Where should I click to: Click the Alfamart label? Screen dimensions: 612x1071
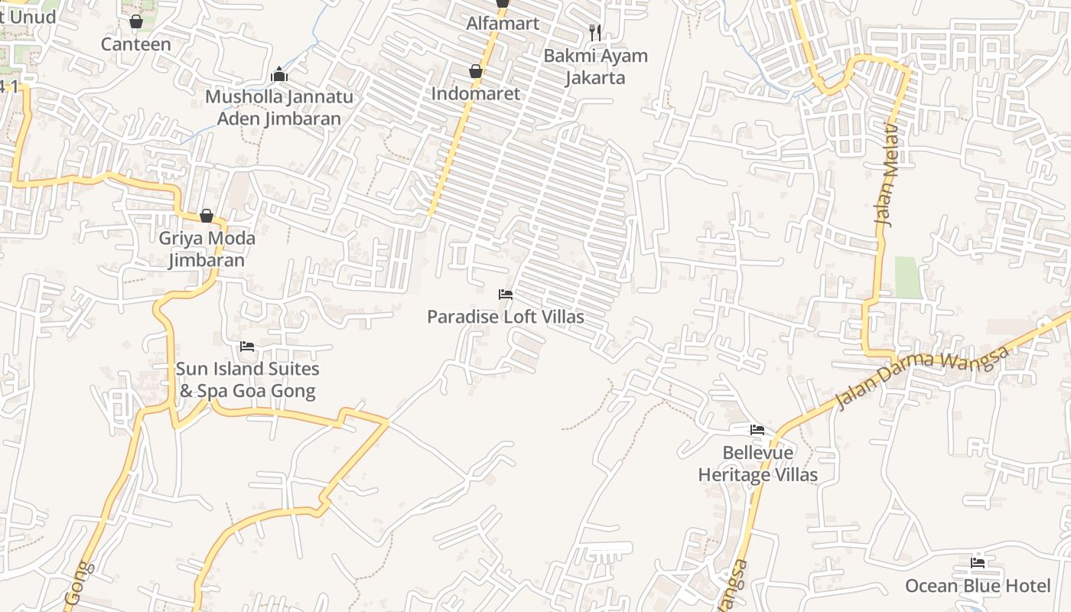coord(503,24)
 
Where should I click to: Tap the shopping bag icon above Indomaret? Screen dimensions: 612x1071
coord(476,72)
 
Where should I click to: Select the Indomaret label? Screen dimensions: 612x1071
coord(476,93)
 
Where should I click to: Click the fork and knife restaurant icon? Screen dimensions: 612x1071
coord(595,33)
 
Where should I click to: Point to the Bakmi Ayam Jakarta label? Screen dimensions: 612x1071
coord(595,67)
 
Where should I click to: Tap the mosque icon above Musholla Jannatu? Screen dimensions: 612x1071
coord(279,75)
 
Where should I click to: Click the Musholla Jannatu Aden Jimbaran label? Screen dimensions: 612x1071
coord(279,108)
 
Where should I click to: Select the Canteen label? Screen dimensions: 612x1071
coord(136,44)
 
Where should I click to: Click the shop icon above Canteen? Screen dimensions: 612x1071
coord(136,21)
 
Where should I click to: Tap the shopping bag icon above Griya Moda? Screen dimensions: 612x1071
coord(207,216)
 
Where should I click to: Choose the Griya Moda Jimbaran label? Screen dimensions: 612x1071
coord(207,249)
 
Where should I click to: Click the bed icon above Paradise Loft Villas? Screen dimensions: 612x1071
coord(505,295)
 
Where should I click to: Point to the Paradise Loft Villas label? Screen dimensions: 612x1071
coord(505,317)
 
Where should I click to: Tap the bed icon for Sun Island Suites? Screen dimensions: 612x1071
coord(246,347)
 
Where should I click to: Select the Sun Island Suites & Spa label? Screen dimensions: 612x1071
coord(246,379)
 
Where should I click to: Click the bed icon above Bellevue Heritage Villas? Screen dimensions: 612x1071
coord(757,430)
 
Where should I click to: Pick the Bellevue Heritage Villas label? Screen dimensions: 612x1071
coord(757,464)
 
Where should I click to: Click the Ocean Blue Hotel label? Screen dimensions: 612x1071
coord(978,586)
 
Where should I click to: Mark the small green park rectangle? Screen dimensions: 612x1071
coord(908,277)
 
